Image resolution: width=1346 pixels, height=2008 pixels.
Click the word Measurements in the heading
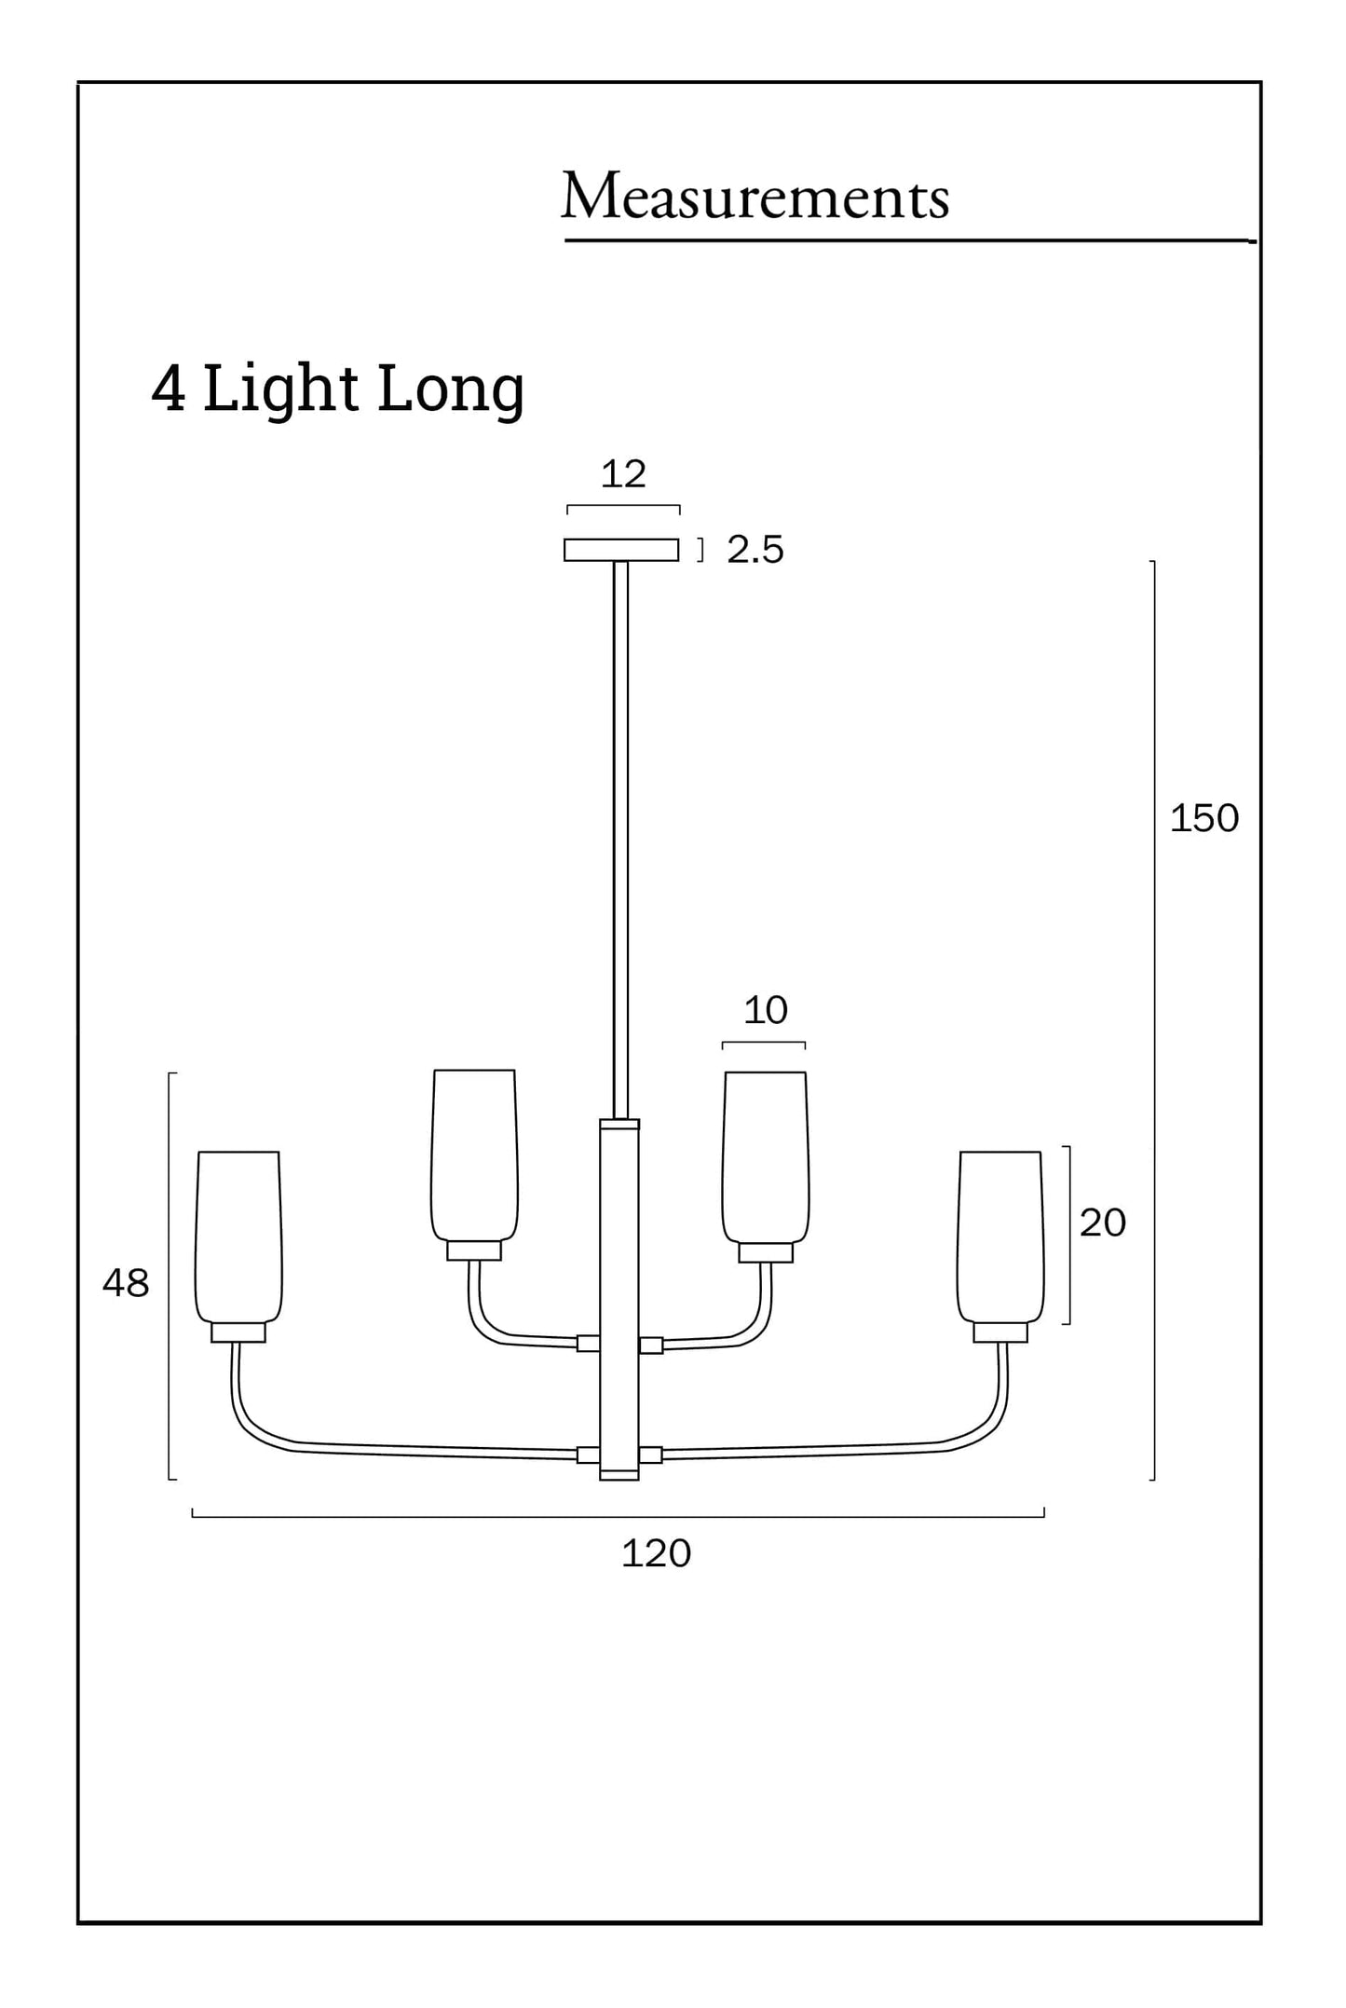click(755, 197)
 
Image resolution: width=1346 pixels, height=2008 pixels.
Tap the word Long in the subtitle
click(451, 389)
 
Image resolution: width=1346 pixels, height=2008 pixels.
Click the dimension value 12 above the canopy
click(623, 474)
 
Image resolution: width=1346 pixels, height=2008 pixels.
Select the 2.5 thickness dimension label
click(755, 550)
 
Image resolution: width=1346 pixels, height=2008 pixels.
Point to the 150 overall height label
click(1203, 818)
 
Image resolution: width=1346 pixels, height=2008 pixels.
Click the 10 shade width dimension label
click(766, 1010)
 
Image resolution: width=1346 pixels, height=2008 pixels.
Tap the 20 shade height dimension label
click(1103, 1223)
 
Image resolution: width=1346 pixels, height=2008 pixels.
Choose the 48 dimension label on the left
click(126, 1283)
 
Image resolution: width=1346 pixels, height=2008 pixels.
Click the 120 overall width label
click(656, 1553)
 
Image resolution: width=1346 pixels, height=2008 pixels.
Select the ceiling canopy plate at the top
click(621, 550)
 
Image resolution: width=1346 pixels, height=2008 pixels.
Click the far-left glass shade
click(238, 1235)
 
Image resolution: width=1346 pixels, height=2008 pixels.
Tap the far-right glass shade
click(1000, 1235)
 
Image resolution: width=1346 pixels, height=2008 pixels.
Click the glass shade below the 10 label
click(766, 1155)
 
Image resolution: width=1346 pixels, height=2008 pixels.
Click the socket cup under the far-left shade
click(238, 1332)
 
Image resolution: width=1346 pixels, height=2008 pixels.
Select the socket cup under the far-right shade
click(1000, 1332)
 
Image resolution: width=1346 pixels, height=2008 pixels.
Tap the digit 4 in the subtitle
click(168, 388)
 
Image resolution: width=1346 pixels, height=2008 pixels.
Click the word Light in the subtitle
click(280, 389)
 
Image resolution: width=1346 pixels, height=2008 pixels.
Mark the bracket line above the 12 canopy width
click(623, 506)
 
